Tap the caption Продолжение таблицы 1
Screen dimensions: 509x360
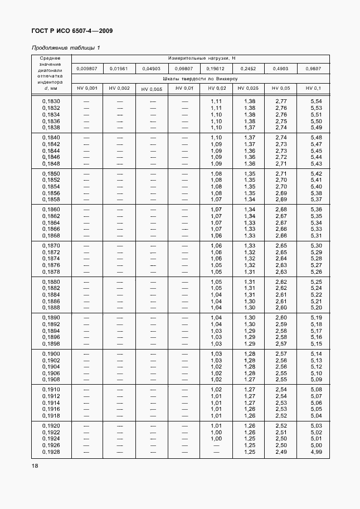(66, 47)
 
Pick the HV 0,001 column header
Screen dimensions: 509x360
(87, 88)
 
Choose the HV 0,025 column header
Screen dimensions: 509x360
(249, 88)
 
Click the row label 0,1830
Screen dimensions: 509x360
(51, 101)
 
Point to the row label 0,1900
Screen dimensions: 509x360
(51, 354)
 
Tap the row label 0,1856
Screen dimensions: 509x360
(51, 193)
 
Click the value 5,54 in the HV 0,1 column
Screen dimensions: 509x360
(317, 101)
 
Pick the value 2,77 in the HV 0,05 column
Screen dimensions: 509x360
(281, 101)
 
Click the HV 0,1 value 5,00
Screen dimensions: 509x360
(317, 446)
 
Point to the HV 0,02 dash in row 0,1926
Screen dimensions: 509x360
(216, 446)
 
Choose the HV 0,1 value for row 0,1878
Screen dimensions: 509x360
(317, 272)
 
